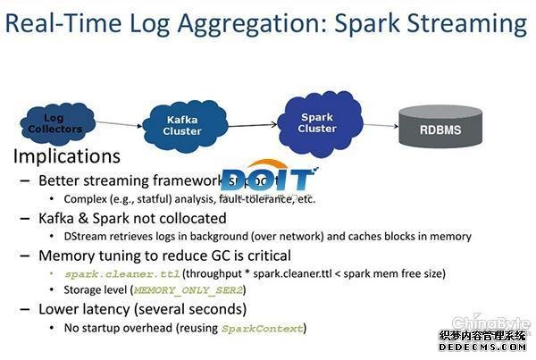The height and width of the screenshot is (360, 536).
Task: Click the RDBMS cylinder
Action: (x=441, y=129)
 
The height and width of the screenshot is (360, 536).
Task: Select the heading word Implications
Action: (x=66, y=157)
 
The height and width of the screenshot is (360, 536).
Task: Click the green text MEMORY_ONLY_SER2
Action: (x=188, y=290)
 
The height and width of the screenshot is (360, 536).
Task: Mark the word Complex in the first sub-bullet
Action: (x=87, y=198)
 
